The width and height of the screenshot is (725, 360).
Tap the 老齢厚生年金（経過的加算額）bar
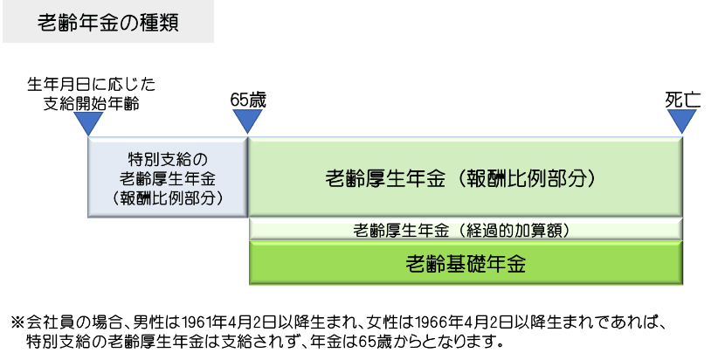(x=465, y=230)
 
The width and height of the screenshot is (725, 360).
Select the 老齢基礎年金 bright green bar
(x=465, y=263)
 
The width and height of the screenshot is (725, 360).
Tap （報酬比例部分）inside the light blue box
(x=168, y=198)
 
